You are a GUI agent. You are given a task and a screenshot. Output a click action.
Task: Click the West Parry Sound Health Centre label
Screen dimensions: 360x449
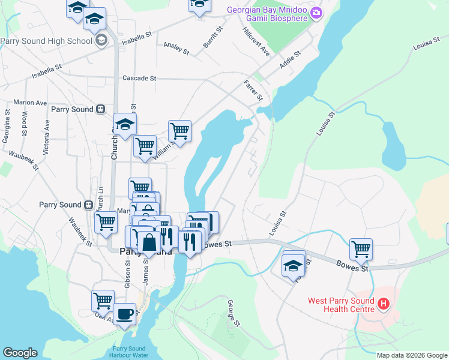tap(340, 305)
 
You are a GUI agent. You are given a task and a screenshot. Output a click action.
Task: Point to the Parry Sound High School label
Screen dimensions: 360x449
tap(46, 41)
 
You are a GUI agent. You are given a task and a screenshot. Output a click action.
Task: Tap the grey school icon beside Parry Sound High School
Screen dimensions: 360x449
tap(101, 41)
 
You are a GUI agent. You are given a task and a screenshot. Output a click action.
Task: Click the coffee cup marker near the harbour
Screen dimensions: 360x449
tap(124, 314)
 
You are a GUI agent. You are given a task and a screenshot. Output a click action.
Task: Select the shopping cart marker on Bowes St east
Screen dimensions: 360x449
tap(361, 248)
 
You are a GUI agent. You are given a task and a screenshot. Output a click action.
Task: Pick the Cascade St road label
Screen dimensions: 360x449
tap(139, 78)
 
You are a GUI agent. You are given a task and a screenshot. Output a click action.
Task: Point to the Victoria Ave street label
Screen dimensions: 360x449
tap(47, 133)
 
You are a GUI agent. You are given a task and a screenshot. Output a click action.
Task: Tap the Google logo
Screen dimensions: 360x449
tap(20, 353)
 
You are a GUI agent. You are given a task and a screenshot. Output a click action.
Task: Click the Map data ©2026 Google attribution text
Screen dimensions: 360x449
tap(411, 355)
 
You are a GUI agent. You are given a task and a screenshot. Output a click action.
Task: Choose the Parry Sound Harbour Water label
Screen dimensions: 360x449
tap(129, 352)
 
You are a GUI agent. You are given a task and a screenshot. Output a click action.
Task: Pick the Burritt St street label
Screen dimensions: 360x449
tap(213, 37)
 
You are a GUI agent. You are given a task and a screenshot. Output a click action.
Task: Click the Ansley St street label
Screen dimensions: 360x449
tap(176, 49)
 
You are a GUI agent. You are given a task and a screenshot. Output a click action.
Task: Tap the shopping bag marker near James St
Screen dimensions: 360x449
tap(149, 243)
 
